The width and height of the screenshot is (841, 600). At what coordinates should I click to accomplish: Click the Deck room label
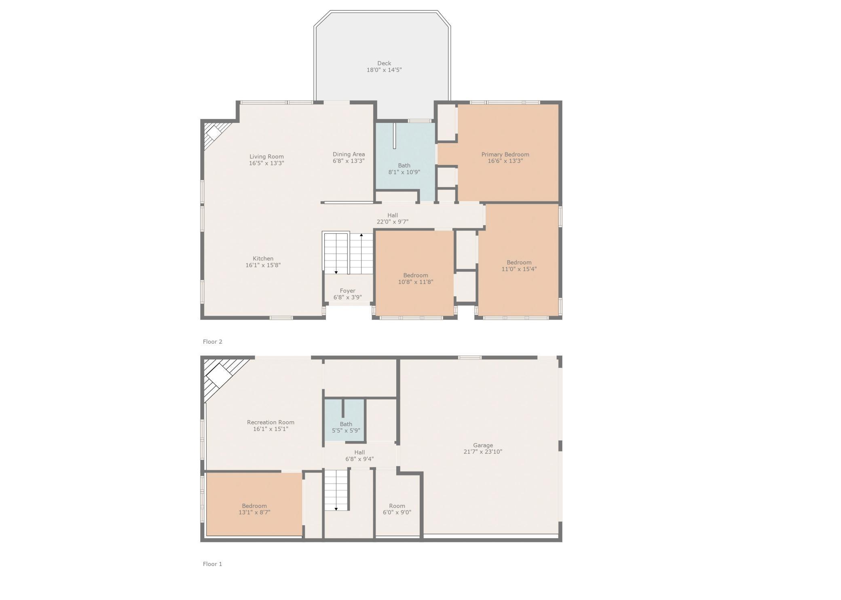[384, 63]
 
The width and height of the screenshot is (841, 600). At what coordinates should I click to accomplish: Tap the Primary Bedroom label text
[505, 154]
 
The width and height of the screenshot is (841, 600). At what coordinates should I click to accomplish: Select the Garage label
[483, 445]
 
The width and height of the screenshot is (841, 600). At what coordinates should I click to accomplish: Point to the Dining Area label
[349, 154]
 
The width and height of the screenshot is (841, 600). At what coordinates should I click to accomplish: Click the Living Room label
[266, 156]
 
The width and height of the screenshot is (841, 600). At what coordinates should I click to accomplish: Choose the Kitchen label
[263, 259]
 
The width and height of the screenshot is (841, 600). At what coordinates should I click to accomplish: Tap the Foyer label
[347, 291]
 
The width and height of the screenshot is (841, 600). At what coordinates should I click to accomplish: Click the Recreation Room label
[270, 422]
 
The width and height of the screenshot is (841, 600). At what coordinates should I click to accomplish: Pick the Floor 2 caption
[212, 342]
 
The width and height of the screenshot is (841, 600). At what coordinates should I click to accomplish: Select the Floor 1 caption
[212, 564]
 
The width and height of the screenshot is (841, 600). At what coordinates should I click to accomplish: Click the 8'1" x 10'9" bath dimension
[404, 172]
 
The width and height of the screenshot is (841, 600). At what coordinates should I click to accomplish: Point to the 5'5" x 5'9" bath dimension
[346, 431]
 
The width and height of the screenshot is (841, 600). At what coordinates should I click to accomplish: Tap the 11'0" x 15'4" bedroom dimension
[519, 269]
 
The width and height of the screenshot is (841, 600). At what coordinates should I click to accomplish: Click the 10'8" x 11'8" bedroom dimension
[415, 282]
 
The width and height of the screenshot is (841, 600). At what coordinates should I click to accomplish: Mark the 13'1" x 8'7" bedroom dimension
[254, 512]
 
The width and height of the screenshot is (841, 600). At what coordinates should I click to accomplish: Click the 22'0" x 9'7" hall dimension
[392, 222]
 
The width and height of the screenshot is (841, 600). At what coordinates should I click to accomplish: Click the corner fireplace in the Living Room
[214, 132]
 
